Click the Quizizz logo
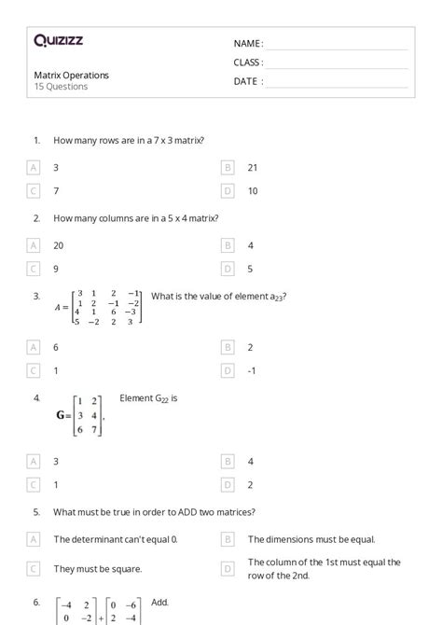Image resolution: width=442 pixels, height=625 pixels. point(58,41)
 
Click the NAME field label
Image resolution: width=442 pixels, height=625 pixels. point(248,44)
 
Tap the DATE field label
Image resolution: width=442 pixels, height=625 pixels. point(248,81)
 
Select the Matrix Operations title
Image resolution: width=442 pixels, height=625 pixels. point(71,75)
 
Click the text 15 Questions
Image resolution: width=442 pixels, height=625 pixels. point(61,87)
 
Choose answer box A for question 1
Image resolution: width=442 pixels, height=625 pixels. point(34,167)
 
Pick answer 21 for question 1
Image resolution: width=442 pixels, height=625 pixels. point(253,167)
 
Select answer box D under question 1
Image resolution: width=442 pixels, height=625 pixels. point(227,190)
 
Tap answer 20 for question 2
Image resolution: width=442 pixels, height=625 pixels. point(59,245)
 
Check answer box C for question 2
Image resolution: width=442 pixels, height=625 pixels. point(34,269)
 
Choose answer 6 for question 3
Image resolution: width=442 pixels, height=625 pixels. point(56,347)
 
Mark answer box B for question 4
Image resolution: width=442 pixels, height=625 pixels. point(227,461)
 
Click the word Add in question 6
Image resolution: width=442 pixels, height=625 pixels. point(159,603)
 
